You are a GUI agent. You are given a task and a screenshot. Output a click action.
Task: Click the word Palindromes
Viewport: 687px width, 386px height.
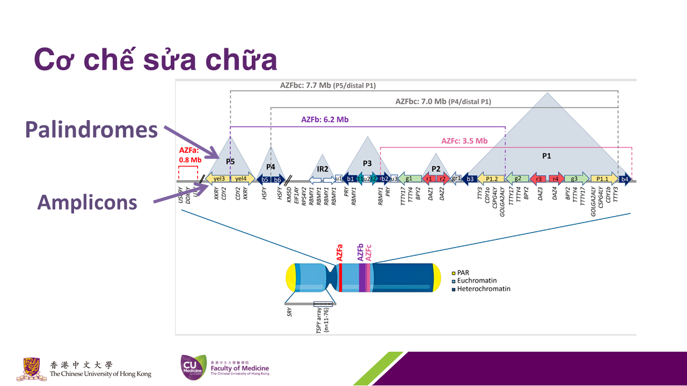pos(91,130)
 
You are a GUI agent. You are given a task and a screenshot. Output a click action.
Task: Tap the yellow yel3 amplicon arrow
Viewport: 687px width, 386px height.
pos(218,179)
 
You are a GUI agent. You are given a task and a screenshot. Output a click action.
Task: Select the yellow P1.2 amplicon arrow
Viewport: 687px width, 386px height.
pos(491,179)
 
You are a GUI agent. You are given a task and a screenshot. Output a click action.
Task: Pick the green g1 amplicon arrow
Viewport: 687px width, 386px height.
pos(409,179)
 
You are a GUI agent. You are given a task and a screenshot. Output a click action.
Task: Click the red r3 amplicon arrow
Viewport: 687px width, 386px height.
pos(538,179)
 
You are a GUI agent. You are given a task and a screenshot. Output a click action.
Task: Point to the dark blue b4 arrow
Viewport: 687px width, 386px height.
pos(624,179)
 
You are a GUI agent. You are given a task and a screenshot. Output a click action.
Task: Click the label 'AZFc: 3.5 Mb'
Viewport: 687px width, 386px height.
pos(464,141)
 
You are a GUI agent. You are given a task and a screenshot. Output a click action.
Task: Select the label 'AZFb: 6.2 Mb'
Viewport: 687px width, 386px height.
pos(325,120)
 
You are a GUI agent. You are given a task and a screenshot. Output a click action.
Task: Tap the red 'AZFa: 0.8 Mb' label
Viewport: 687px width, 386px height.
pos(189,155)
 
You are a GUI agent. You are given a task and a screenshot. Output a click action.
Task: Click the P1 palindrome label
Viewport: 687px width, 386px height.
pos(546,156)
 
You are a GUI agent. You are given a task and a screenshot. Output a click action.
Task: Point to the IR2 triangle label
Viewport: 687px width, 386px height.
pos(323,169)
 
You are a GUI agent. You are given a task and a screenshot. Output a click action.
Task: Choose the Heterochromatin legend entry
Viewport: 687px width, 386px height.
pos(483,289)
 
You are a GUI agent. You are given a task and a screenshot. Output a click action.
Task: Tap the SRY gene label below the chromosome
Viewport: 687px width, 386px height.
pos(290,312)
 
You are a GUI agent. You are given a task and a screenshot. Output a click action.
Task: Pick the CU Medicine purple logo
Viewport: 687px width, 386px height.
pos(192,368)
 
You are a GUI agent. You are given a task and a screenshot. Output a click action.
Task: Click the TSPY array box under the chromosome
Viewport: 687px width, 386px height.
pos(323,305)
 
